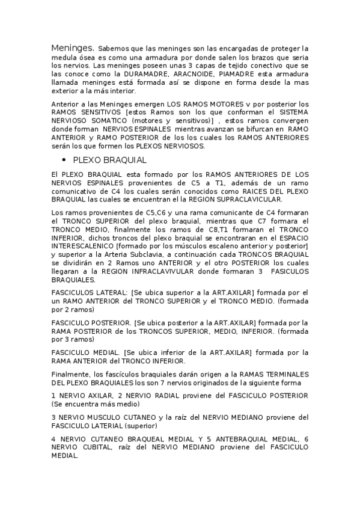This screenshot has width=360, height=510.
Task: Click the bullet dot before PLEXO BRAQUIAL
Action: [64, 161]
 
